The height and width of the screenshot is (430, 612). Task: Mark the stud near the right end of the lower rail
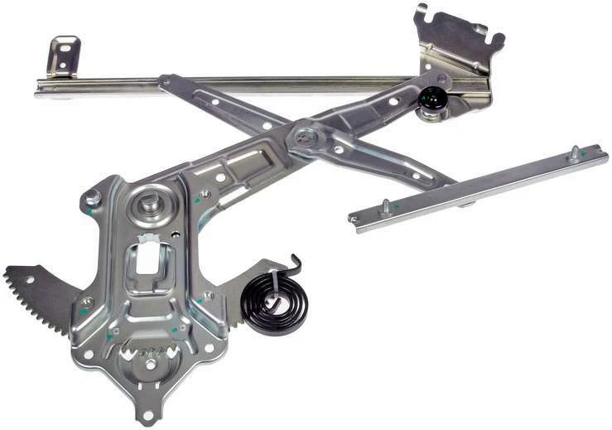point(573,152)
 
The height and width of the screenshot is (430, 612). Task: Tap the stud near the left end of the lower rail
point(385,205)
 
